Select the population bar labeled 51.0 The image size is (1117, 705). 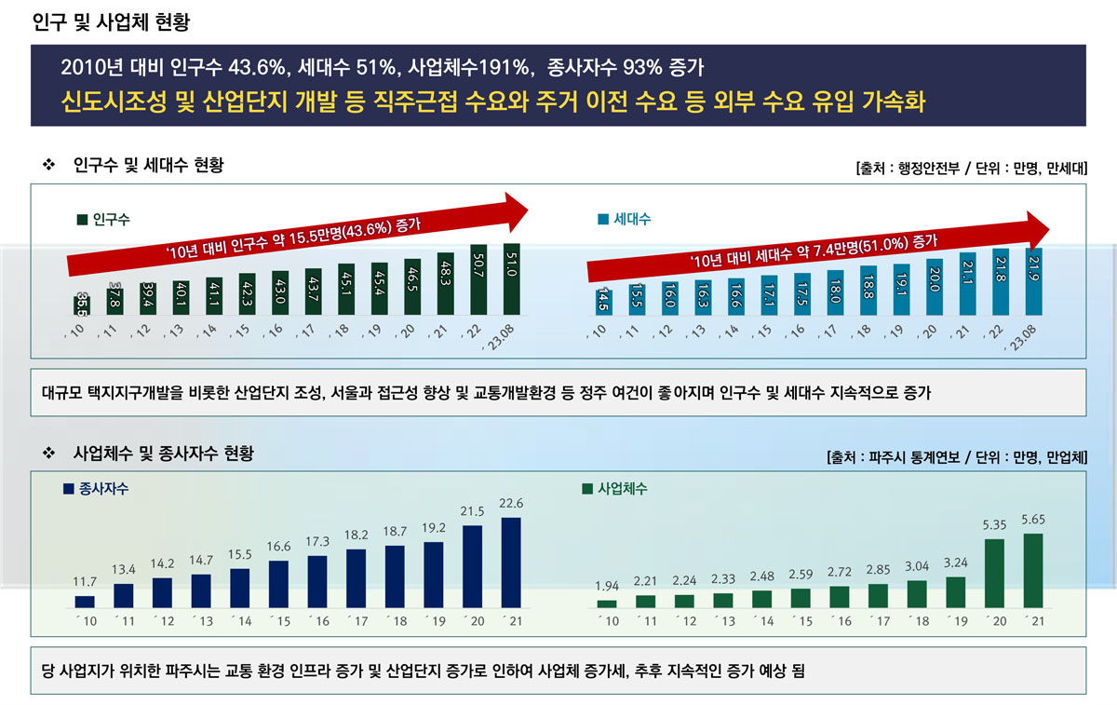coord(510,279)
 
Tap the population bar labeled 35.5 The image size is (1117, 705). coord(83,305)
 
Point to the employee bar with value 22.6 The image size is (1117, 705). coord(511,563)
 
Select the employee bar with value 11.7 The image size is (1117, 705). coord(85,602)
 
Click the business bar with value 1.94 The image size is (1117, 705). coord(607,603)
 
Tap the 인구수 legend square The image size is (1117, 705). coord(81,221)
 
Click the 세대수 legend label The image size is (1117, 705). coord(632,221)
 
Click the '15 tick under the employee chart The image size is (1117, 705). coord(278,621)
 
